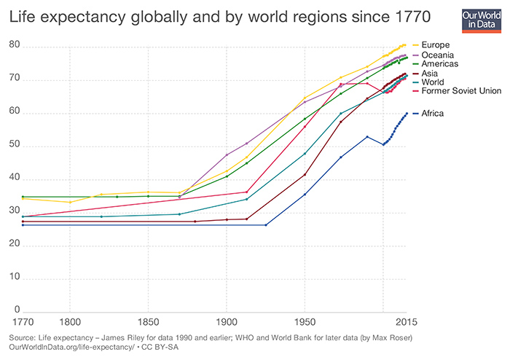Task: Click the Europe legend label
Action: [435, 45]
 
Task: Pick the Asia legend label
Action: [431, 74]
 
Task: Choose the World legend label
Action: [433, 84]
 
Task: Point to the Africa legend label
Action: [433, 113]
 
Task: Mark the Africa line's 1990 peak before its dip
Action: [367, 136]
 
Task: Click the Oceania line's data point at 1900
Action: [227, 154]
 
